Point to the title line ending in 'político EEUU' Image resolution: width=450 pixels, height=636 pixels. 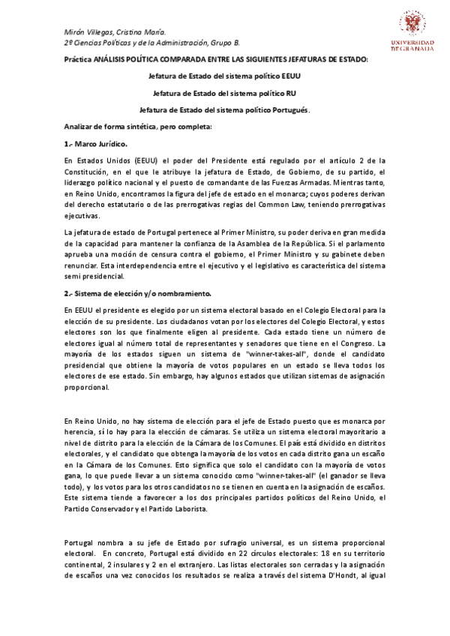coord(225,76)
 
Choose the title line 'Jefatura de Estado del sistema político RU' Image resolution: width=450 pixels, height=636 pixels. coord(225,93)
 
